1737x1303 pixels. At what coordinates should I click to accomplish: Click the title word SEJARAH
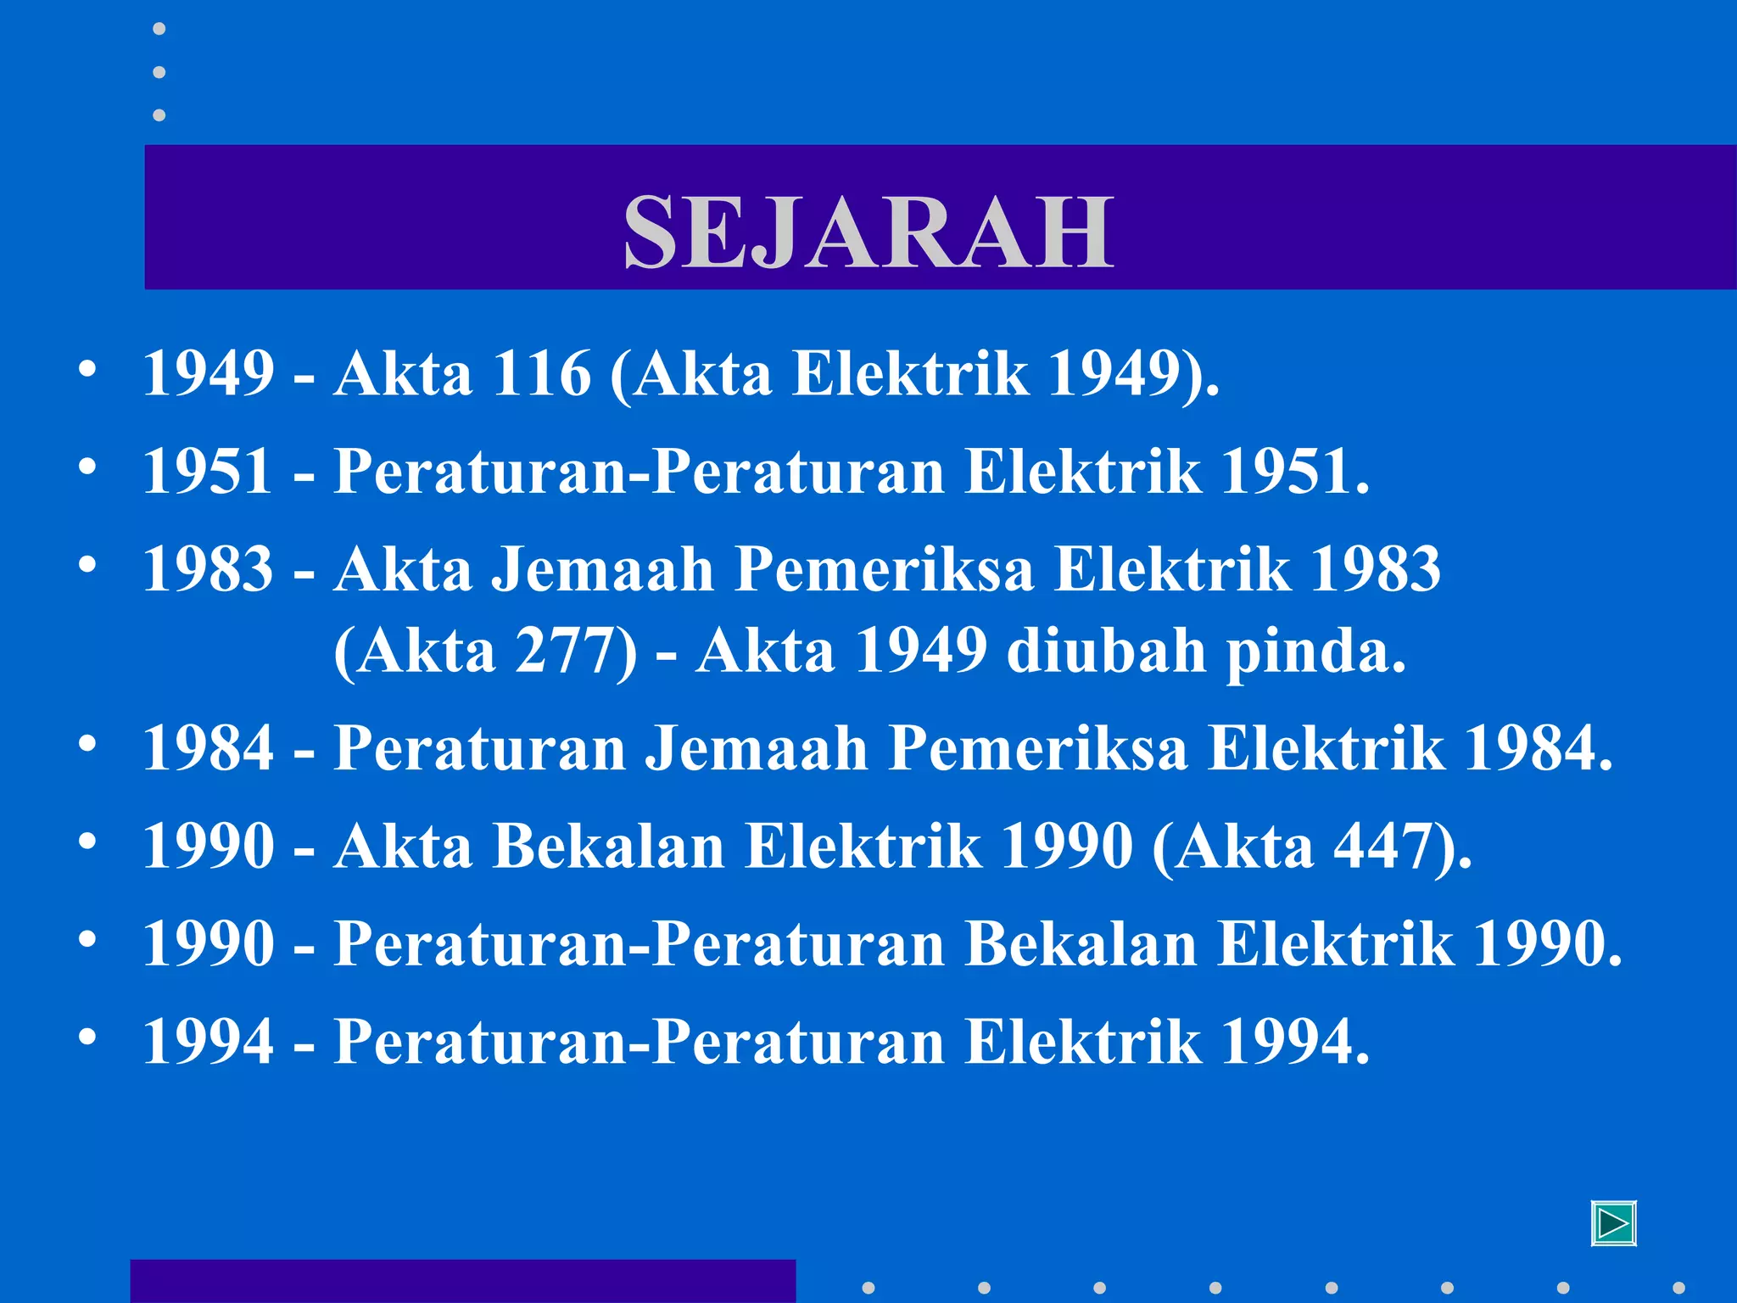[x=868, y=231]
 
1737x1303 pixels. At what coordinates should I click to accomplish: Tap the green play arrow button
[x=1613, y=1224]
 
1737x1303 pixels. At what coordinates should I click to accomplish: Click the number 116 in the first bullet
[x=541, y=373]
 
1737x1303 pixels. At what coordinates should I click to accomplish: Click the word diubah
[x=1106, y=651]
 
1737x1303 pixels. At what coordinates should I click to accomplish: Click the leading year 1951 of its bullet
[x=208, y=471]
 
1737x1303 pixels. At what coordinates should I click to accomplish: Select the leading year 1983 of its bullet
[x=208, y=569]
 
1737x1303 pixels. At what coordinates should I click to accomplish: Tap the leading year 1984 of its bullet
[x=208, y=749]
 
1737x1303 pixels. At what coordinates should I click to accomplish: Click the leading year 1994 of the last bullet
[x=208, y=1042]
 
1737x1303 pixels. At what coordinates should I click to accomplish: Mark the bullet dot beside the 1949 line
[x=87, y=370]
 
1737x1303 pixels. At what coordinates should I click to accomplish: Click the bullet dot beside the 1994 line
[x=87, y=1037]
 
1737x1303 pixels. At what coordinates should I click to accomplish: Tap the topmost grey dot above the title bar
[x=159, y=29]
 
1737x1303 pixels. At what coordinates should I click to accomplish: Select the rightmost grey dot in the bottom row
[x=1678, y=1288]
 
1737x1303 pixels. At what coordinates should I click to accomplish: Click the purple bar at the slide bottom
[x=462, y=1281]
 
